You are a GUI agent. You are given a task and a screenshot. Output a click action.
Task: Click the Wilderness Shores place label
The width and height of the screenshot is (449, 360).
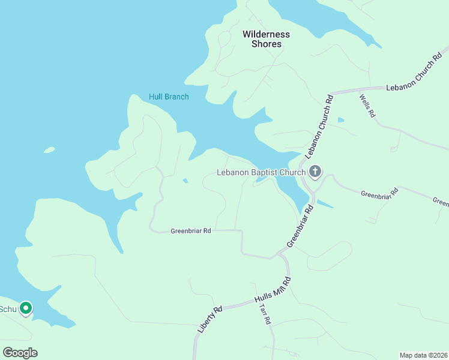point(266,39)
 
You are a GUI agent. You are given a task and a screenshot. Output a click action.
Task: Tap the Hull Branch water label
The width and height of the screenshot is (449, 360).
point(169,97)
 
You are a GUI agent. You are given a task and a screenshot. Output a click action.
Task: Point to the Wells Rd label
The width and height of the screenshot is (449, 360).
point(367,106)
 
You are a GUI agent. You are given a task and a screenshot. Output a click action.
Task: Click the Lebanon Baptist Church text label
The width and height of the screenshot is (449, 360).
point(261,173)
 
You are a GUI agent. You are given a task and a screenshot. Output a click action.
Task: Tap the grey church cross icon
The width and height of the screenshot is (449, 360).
point(315,173)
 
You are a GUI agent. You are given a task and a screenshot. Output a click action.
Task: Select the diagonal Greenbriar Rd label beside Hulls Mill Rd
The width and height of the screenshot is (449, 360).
point(301,226)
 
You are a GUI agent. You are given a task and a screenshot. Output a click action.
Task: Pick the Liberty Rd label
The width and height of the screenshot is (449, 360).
point(210,320)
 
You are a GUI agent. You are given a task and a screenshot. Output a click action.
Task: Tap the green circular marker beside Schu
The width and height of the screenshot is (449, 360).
point(25,308)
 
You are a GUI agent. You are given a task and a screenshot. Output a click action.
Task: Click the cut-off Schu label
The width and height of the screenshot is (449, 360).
point(7,309)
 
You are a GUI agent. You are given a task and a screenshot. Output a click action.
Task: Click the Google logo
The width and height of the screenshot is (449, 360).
point(20,353)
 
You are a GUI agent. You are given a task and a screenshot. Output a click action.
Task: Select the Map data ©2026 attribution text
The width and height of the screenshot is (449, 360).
point(423,355)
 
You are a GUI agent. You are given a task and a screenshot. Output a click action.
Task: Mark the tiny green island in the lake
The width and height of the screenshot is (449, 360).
point(49,150)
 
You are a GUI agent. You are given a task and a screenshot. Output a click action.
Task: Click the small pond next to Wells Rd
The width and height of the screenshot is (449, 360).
point(341,120)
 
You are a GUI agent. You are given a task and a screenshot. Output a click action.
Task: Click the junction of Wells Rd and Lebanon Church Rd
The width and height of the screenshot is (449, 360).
point(358,91)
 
